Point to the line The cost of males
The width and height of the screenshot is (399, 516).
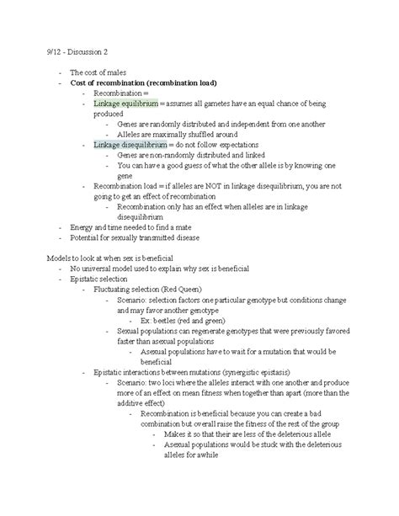[x=98, y=72]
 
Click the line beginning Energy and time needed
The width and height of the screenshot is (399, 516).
[x=126, y=226]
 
